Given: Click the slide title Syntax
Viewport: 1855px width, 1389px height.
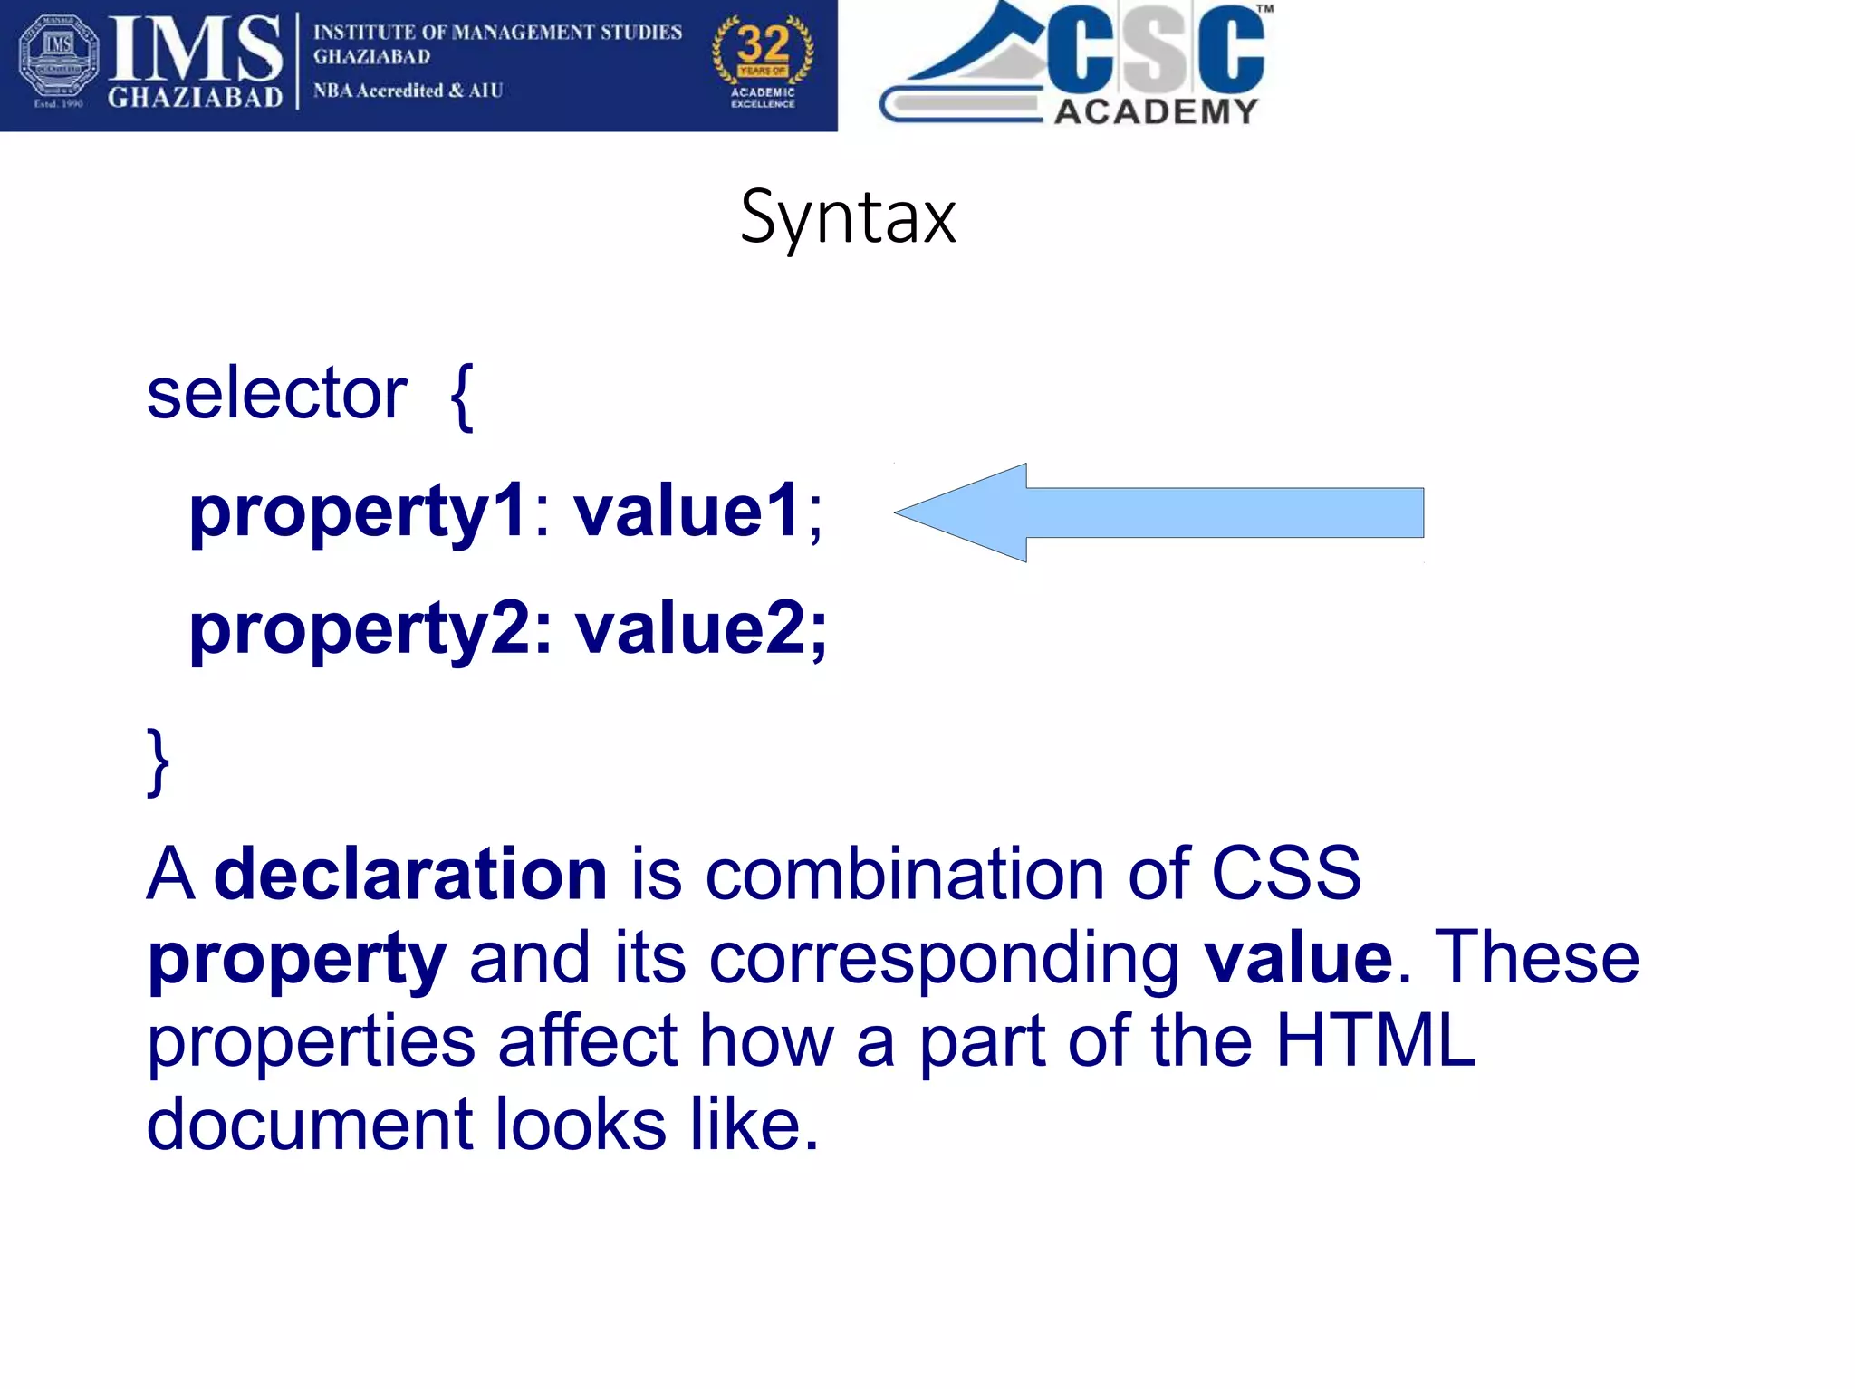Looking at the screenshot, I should point(847,217).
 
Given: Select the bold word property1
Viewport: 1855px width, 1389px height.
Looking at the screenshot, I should point(358,512).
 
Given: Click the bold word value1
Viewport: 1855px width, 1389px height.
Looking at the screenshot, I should point(687,511).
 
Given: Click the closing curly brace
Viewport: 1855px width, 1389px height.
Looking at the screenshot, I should point(158,761).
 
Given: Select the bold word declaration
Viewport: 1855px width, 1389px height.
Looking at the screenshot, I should point(410,874).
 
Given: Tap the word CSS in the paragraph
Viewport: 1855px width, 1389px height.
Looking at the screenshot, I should point(1285,874).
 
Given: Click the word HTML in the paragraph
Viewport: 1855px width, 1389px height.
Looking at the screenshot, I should point(1375,1040).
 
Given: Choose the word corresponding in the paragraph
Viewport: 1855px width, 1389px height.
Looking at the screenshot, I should point(944,958).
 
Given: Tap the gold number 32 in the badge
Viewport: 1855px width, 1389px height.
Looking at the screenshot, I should point(763,43).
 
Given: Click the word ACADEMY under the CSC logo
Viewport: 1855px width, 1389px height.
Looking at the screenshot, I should point(1156,111).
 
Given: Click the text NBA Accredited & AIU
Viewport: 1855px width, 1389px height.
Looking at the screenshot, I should point(408,91).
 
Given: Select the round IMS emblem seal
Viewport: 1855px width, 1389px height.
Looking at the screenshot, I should point(59,56).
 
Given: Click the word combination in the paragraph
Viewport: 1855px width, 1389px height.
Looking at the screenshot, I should point(904,874).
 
